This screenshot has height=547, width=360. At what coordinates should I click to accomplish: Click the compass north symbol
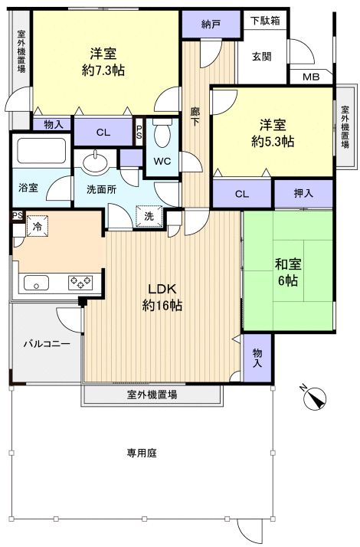315,398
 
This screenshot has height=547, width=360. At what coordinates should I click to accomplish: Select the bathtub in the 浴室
41,151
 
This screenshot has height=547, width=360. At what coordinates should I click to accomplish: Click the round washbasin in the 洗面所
96,162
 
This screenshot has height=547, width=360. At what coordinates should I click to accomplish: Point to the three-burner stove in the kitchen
80,282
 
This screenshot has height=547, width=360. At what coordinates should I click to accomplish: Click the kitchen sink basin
36,282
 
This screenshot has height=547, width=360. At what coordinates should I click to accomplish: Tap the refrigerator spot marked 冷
37,226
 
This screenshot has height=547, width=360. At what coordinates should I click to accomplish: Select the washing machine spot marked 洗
149,216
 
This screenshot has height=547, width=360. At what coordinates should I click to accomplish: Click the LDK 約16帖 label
162,297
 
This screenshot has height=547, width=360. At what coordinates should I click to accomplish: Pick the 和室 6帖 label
288,273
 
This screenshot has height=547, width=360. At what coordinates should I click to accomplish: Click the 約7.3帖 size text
103,70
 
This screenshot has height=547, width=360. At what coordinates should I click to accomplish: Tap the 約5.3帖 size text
273,141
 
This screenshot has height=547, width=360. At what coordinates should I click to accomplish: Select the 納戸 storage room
211,24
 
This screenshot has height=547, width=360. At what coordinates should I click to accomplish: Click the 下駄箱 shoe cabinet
265,21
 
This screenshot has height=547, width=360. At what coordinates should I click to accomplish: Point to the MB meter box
311,77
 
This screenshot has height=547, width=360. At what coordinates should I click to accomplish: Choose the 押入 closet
303,194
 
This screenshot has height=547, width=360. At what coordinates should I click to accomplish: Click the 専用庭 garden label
141,454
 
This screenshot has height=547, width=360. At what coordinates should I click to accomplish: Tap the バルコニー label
47,344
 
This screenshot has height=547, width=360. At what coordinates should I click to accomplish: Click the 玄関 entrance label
262,57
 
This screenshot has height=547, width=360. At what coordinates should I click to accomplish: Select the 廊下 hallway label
195,117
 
